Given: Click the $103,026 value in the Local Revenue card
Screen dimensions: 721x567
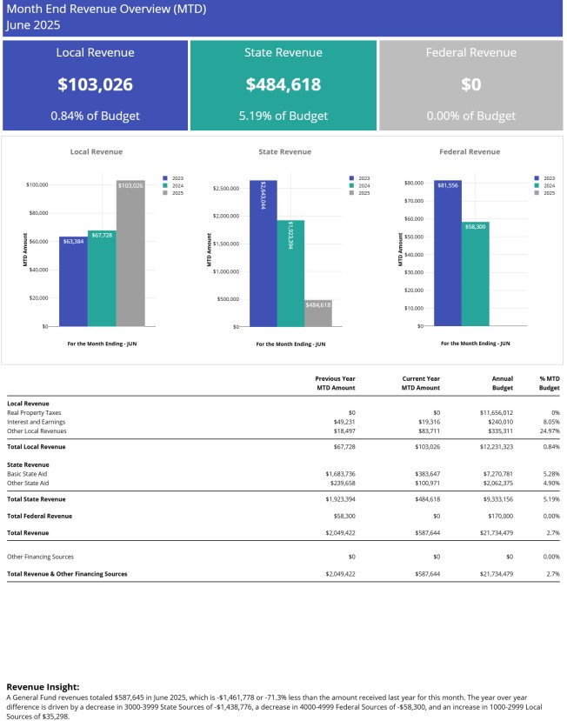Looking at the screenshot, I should tap(95, 84).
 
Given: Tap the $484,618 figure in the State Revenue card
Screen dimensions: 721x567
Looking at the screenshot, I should tap(283, 84).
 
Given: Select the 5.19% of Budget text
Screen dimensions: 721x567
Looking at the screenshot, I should tap(283, 116).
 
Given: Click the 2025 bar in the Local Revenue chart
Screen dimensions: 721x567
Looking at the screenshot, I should tap(130, 252).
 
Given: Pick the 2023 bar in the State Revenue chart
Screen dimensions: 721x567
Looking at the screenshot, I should tap(263, 252).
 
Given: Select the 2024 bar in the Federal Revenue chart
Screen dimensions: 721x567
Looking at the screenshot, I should tap(475, 274).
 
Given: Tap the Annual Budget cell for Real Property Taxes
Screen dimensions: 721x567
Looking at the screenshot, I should tap(496, 411).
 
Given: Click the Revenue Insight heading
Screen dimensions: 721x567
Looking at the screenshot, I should tap(43, 686).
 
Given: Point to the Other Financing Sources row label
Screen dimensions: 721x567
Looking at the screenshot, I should tap(40, 556).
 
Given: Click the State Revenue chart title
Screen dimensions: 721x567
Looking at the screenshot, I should tap(284, 151).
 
